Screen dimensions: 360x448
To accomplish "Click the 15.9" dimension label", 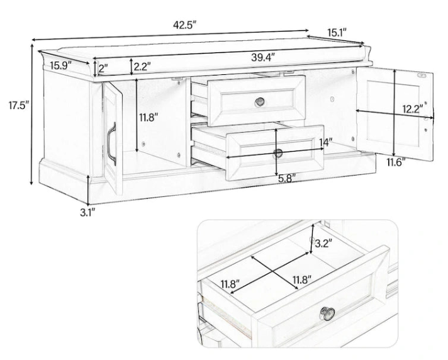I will (x=61, y=64).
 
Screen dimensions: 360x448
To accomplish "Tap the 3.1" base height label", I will (x=87, y=212).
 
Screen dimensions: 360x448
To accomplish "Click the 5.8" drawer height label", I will (x=287, y=179).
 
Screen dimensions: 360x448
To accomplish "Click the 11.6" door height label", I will (x=396, y=162).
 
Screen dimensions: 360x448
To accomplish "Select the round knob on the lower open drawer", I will (x=277, y=152).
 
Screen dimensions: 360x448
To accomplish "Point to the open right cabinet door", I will (x=395, y=113).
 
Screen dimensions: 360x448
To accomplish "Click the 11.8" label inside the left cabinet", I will (x=148, y=117).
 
